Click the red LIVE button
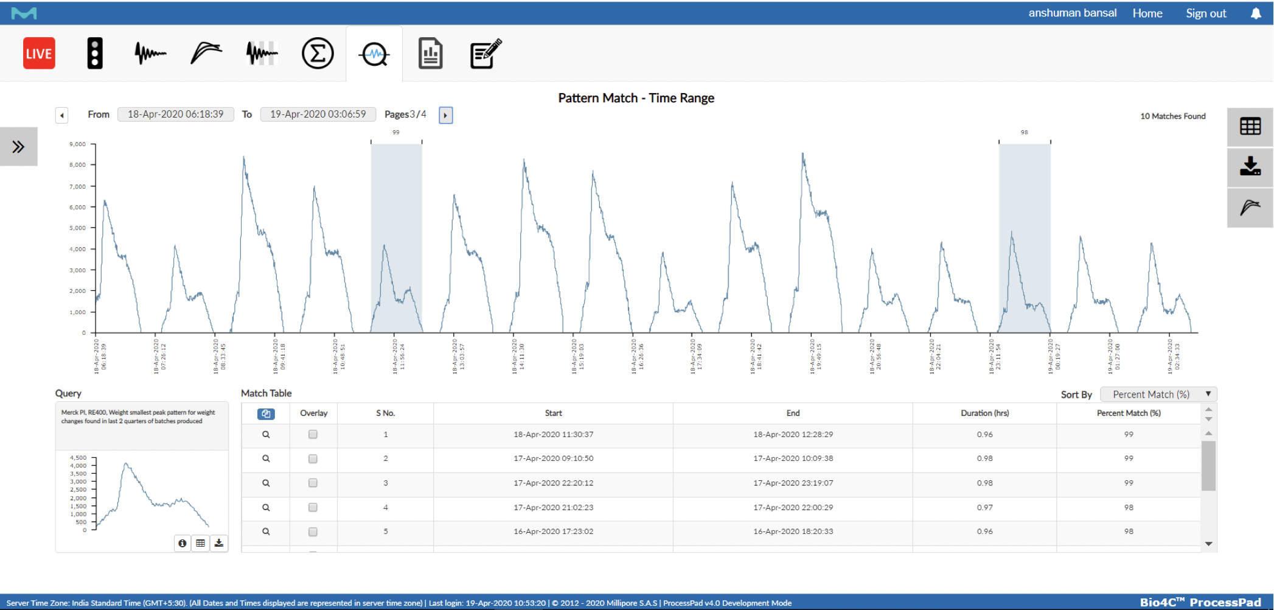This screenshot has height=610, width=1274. (x=39, y=54)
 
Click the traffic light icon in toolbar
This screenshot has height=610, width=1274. (x=94, y=54)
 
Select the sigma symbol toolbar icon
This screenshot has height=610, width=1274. (x=318, y=54)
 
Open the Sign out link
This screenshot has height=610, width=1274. (x=1205, y=13)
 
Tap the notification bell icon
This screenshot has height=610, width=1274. (x=1256, y=13)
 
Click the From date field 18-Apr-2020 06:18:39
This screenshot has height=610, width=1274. (x=175, y=114)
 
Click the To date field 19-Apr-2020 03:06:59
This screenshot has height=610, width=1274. (x=318, y=114)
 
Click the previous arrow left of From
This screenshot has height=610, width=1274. (x=61, y=115)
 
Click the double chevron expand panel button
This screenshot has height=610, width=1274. (x=18, y=147)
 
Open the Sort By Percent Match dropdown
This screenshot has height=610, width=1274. (x=1158, y=394)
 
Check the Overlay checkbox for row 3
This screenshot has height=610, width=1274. (x=313, y=483)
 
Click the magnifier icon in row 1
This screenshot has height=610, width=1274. (x=266, y=435)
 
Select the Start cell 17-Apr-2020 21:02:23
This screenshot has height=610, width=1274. (x=553, y=507)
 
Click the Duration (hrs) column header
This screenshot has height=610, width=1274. (x=984, y=413)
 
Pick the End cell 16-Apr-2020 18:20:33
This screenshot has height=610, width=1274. (x=793, y=531)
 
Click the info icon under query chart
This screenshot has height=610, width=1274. (x=182, y=543)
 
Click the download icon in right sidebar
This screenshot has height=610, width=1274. (x=1250, y=166)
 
